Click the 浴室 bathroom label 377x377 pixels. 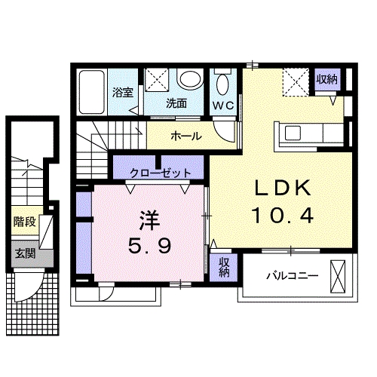click(122, 93)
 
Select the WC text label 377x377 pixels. click(223, 105)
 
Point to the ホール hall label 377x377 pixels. click(185, 136)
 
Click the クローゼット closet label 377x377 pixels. click(160, 173)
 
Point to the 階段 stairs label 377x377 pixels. click(22, 222)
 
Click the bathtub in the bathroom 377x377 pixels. click(93, 92)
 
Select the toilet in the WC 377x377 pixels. click(223, 82)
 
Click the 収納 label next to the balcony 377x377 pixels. click(224, 265)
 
